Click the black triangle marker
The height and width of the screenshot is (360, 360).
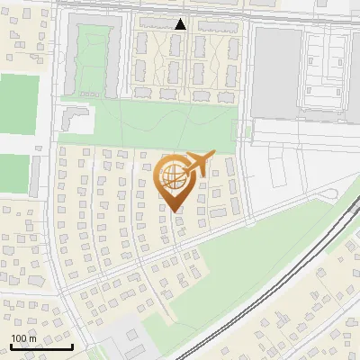click(181, 24)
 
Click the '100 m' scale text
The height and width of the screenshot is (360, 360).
click(23, 338)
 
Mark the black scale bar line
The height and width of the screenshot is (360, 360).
click(41, 346)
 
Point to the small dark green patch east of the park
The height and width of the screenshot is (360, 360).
click(249, 131)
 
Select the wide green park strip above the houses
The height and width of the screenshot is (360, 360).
click(153, 126)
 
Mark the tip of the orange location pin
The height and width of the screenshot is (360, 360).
click(175, 211)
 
